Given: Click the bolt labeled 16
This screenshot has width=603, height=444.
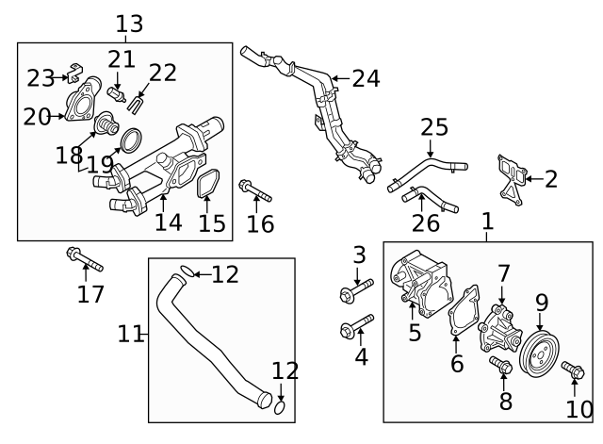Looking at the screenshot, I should point(254,190).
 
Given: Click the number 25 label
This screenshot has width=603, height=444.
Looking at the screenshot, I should point(434,127).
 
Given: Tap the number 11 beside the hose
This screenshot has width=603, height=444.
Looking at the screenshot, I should point(132,334).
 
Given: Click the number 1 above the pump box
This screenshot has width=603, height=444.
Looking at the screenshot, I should point(487,222).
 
